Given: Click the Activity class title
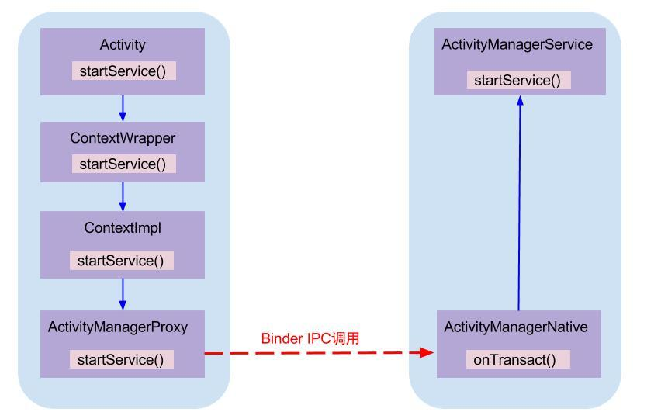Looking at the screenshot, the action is [123, 45].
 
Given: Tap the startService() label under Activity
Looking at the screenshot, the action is [123, 71].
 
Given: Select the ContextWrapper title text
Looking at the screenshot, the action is [123, 138].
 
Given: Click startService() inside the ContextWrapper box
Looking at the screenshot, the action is [123, 164].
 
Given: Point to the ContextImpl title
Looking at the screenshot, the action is [123, 227].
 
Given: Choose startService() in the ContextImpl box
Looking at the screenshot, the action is [120, 261].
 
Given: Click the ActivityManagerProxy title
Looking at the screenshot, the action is [118, 327].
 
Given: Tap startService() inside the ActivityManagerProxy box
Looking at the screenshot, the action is [120, 360].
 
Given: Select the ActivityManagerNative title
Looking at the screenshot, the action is [516, 327].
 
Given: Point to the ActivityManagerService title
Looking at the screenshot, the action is [517, 44].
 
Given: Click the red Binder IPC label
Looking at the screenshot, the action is [310, 338].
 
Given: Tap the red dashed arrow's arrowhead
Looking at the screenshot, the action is [427, 352].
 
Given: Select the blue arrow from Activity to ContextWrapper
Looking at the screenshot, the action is [123, 109].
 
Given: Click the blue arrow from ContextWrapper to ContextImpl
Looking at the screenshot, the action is [123, 196].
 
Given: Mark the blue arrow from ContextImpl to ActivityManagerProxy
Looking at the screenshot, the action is [123, 294].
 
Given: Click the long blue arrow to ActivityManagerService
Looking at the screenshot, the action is [519, 203].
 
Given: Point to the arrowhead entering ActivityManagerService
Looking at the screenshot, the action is [520, 101].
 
